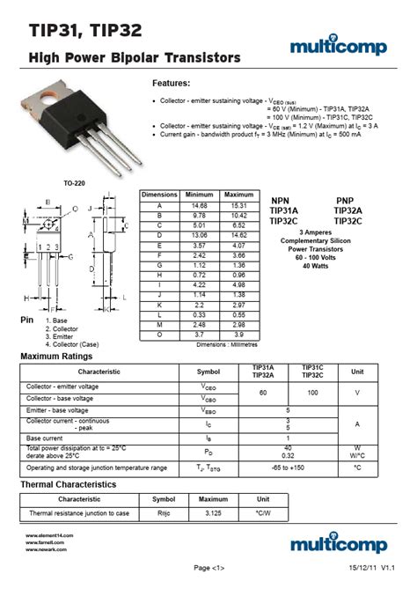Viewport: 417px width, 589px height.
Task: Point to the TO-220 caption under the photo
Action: click(x=74, y=183)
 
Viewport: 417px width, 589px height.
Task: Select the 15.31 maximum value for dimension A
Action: click(x=238, y=205)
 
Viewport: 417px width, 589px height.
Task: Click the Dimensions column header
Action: click(x=159, y=194)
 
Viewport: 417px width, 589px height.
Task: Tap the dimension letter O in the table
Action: click(x=159, y=335)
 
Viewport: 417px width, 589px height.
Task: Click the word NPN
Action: click(x=280, y=201)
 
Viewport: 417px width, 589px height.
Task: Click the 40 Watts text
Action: click(x=314, y=266)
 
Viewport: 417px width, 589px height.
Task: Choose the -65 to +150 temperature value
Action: click(x=288, y=468)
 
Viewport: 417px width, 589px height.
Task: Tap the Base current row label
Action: click(x=45, y=438)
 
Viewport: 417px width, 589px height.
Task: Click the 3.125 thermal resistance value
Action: click(x=213, y=512)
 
